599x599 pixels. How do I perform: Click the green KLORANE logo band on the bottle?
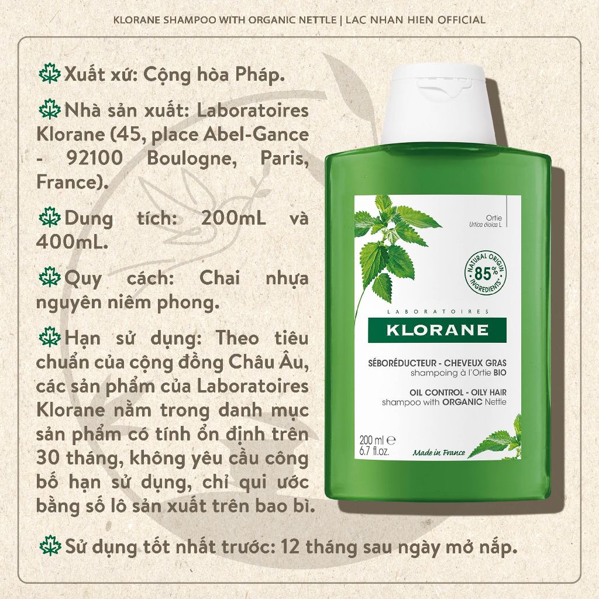pyautogui.click(x=437, y=330)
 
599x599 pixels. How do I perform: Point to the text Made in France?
pyautogui.click(x=439, y=453)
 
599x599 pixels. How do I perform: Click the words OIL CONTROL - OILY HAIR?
pyautogui.click(x=457, y=393)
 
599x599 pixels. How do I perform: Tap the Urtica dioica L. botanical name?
pyautogui.click(x=485, y=225)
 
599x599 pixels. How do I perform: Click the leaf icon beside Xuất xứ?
pyautogui.click(x=49, y=73)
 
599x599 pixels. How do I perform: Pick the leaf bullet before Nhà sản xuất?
pyautogui.click(x=49, y=109)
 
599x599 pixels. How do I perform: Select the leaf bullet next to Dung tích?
pyautogui.click(x=49, y=218)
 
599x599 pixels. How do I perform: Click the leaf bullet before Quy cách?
pyautogui.click(x=49, y=277)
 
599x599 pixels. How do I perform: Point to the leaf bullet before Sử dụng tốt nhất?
pyautogui.click(x=50, y=546)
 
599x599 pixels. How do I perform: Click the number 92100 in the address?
pyautogui.click(x=95, y=158)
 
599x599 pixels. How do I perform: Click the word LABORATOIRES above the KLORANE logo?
pyautogui.click(x=438, y=312)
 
